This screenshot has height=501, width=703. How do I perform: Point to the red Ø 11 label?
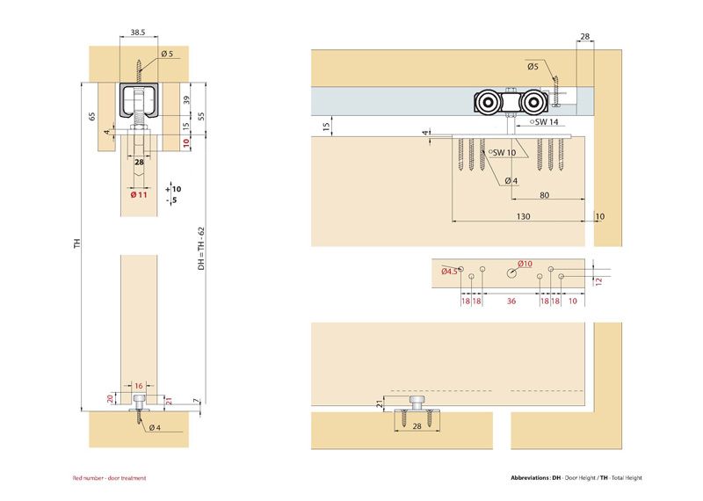[138, 195]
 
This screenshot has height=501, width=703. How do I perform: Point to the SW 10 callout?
[504, 152]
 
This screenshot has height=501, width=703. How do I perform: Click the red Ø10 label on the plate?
[525, 264]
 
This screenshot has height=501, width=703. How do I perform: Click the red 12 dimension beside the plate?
[598, 280]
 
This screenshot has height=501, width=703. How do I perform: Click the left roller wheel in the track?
[485, 105]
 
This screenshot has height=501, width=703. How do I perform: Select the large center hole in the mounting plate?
[511, 273]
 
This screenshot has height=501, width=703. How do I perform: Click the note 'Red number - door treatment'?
[109, 478]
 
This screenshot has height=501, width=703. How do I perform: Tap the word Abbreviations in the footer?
[529, 478]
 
